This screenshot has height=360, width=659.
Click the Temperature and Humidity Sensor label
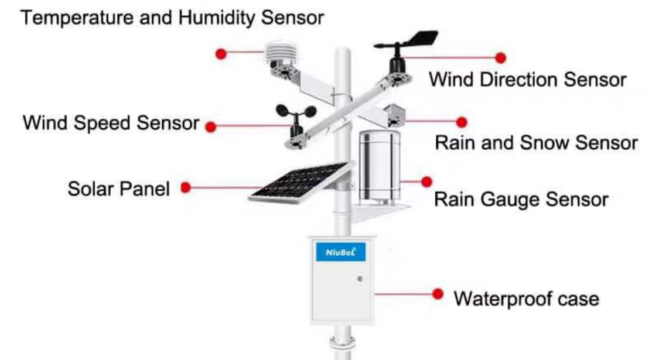click(172, 18)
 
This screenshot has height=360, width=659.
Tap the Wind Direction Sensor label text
click(527, 80)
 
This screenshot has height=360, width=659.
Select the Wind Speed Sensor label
click(111, 123)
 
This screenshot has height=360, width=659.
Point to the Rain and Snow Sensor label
click(536, 143)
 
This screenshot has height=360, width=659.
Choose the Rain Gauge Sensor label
click(521, 199)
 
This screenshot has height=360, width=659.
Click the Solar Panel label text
click(119, 189)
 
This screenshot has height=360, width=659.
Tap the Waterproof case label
click(527, 299)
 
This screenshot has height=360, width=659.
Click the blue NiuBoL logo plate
click(341, 252)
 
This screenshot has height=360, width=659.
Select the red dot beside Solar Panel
click(186, 187)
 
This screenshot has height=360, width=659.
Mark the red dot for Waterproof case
click(438, 294)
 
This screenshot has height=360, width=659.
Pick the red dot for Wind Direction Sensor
click(500, 58)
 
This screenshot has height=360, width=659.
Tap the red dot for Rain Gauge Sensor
click(426, 181)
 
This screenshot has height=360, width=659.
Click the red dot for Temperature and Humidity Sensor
click(221, 54)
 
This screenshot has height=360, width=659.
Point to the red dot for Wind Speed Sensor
click(211, 126)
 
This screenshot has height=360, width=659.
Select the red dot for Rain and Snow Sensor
click(462, 122)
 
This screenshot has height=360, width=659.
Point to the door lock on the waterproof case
click(360, 279)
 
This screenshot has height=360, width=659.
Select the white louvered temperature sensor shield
click(281, 53)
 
